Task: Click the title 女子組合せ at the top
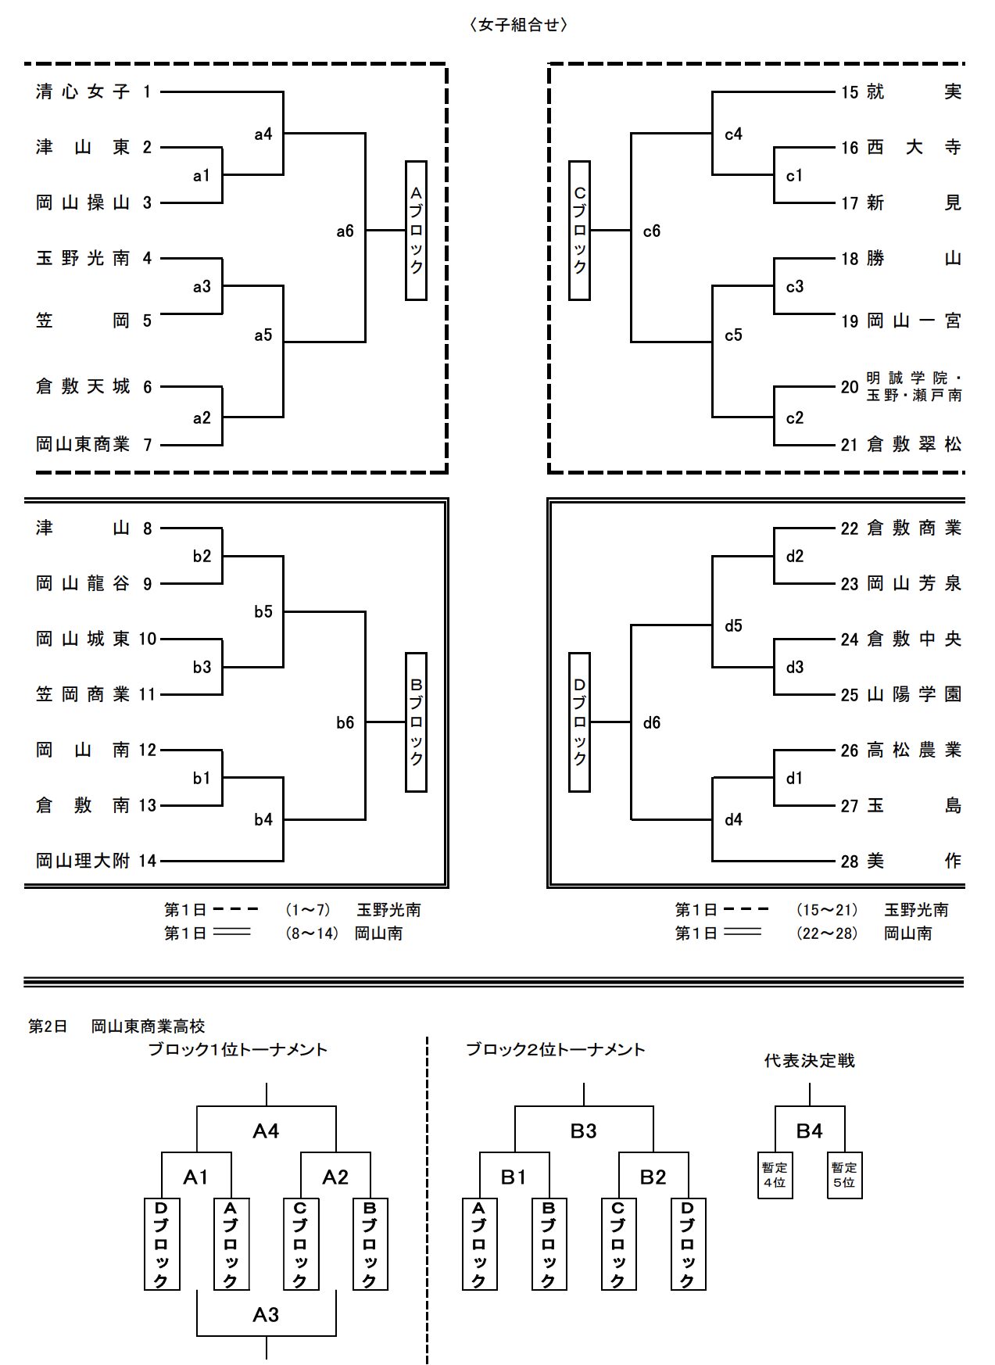pos(518,25)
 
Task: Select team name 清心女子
pos(83,92)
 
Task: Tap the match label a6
pos(345,231)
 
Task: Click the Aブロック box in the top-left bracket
pos(416,231)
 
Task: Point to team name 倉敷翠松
pos(914,445)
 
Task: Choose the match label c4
pos(733,134)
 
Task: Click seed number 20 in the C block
pos(850,387)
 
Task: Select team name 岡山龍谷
pos(83,584)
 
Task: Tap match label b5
pos(263,612)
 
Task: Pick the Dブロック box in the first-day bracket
pos(579,722)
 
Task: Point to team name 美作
pos(914,862)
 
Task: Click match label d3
pos(794,668)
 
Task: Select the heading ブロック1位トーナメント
pos(238,1050)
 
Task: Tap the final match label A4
pos(266,1131)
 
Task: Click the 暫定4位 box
pos(775,1175)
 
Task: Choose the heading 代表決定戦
pos(809,1061)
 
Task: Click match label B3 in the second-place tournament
pos(583,1131)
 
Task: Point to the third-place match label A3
pos(266,1315)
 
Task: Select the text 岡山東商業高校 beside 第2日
pos(148,1026)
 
